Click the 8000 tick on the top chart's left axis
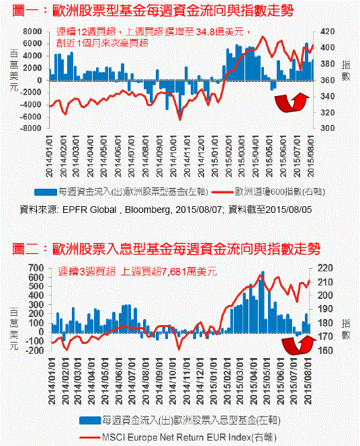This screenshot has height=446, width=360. point(32,32)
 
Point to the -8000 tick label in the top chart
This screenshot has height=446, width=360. point(30,128)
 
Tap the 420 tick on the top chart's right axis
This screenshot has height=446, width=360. point(327,32)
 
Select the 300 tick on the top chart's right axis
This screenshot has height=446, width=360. point(327,128)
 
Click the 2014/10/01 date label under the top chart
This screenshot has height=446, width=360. point(174,156)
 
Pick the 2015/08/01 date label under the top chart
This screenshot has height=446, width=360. point(311,156)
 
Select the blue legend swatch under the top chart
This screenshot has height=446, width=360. point(46,192)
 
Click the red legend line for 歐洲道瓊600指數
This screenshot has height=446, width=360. point(223,192)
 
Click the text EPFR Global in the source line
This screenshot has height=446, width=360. point(89,210)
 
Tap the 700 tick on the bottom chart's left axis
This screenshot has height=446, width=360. point(36,268)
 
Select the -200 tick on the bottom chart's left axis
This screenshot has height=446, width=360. point(34,350)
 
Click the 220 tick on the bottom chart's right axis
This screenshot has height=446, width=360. point(325,268)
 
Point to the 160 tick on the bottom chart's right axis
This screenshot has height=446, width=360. point(325,350)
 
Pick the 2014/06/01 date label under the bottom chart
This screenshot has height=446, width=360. point(118,381)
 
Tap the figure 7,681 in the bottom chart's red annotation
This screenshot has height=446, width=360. point(174,272)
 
